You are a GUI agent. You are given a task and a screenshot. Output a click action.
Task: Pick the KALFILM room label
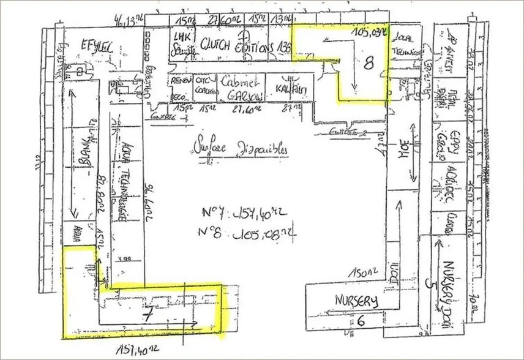(x=291, y=89)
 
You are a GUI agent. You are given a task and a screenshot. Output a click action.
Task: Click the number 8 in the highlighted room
(x=369, y=62)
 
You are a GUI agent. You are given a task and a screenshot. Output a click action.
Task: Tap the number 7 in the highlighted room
(x=147, y=316)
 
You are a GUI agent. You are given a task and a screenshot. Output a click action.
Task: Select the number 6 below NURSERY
(x=361, y=319)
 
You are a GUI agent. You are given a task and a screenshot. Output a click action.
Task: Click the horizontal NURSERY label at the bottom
(x=356, y=301)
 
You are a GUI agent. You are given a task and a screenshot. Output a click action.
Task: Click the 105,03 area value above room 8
(x=370, y=31)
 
